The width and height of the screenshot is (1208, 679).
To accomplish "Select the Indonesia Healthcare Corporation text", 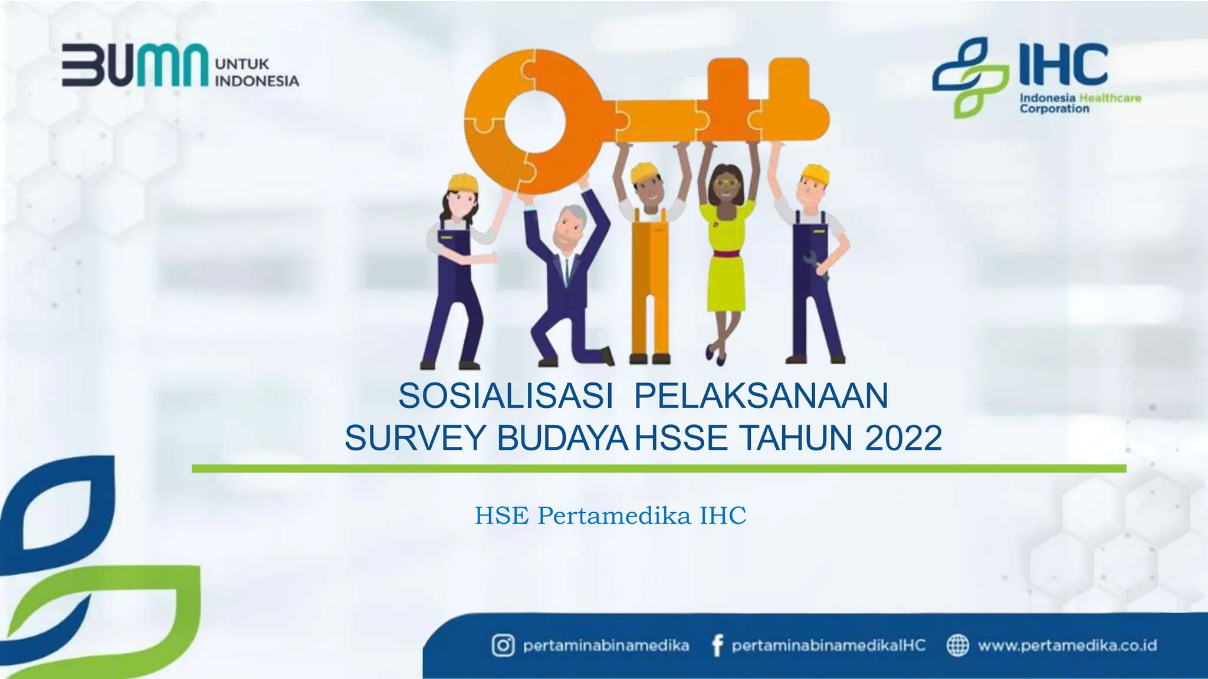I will pos(1079,103).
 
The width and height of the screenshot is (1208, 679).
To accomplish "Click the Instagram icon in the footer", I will pos(503,645).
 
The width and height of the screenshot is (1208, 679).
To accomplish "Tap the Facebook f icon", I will pos(717,646).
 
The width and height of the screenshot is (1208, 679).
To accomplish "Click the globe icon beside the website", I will pos(957,645).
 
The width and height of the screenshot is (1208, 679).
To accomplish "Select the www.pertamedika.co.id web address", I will pos(1067,645).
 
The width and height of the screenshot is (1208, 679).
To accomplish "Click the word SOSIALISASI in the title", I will pos(505,396).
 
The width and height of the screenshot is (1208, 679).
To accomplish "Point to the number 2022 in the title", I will pos(903,439).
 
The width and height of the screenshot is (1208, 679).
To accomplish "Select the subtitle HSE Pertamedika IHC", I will pos(610,516).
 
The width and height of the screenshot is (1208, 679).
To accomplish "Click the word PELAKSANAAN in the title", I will pos(761,396).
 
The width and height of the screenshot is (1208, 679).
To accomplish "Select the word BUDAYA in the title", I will pos(562,439).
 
